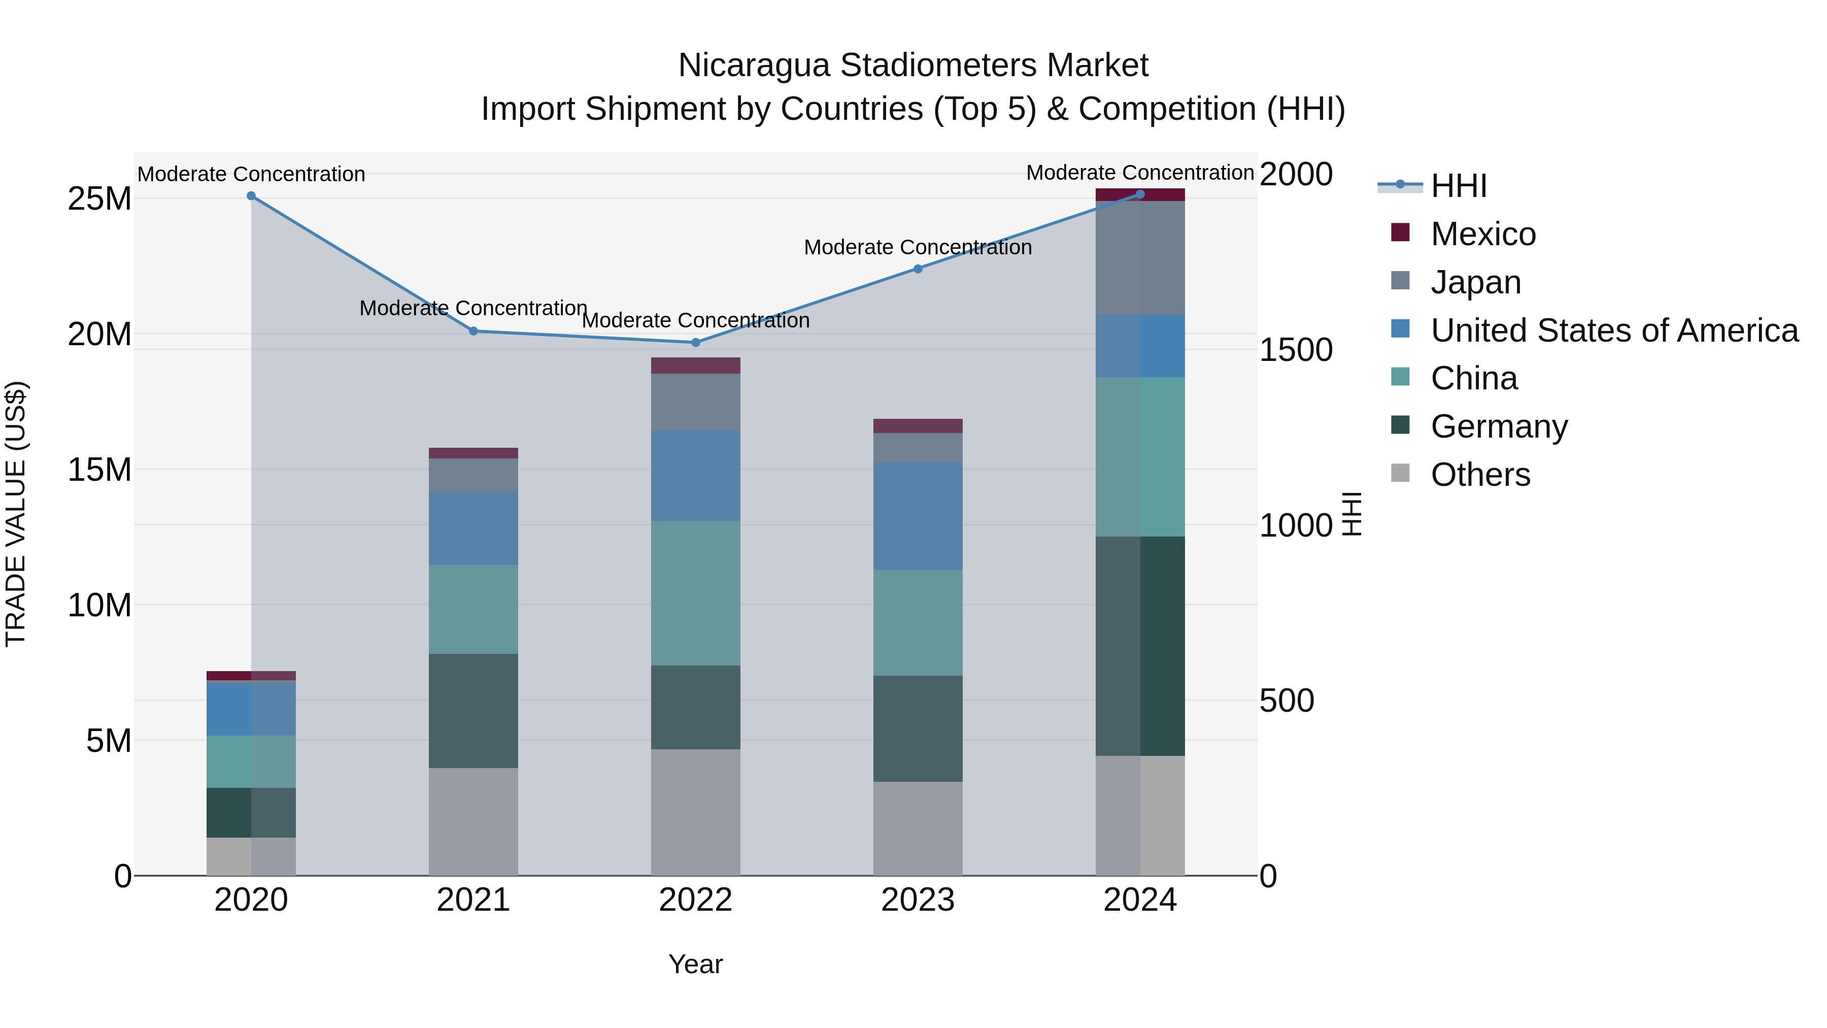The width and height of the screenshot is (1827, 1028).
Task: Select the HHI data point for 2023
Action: [x=918, y=269]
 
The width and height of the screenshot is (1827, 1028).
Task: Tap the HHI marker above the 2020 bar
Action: [x=251, y=196]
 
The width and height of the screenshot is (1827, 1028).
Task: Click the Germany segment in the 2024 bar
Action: [x=1140, y=646]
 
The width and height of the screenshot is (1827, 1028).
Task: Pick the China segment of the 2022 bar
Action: [x=695, y=593]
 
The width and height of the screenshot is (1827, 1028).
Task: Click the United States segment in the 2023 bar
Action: [x=918, y=516]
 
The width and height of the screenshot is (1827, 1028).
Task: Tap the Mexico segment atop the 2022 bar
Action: [x=695, y=366]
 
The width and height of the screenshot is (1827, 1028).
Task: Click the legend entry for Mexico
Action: [x=1482, y=234]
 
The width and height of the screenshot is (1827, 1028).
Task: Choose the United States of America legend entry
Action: [x=1613, y=330]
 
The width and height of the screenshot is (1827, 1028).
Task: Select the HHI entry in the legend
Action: [x=1458, y=186]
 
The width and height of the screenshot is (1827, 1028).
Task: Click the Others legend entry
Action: [x=1480, y=475]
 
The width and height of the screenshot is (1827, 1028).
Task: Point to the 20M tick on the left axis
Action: [x=99, y=334]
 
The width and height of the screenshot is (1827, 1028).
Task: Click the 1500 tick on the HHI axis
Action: [x=1296, y=350]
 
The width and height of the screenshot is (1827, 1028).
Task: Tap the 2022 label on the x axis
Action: [x=695, y=900]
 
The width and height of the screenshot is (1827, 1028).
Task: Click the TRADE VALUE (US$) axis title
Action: [x=16, y=514]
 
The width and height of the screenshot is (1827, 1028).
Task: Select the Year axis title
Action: [x=695, y=964]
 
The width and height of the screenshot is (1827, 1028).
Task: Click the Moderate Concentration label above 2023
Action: [x=918, y=248]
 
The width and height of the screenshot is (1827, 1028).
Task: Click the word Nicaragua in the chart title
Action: [x=753, y=65]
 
